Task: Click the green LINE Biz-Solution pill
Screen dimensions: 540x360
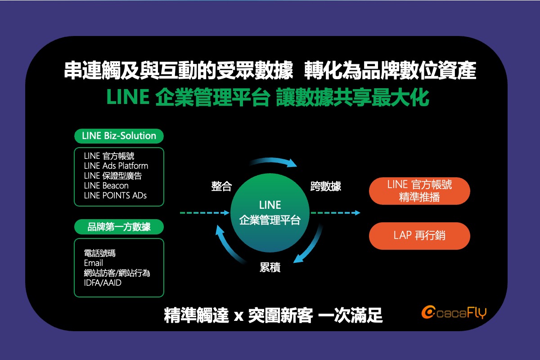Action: tap(119, 136)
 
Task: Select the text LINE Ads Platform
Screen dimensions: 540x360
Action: tap(116, 166)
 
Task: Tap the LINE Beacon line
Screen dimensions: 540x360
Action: tap(106, 186)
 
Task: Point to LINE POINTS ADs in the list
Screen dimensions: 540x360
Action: tap(115, 196)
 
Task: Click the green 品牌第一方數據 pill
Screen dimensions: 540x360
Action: tap(119, 227)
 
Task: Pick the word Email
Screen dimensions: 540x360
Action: tap(93, 263)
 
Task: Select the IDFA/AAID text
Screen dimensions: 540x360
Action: tap(103, 283)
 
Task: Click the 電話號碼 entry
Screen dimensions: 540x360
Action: tap(100, 253)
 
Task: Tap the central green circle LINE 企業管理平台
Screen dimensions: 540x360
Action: tap(270, 213)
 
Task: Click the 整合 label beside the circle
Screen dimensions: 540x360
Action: tap(221, 186)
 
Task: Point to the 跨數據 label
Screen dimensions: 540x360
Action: tap(326, 186)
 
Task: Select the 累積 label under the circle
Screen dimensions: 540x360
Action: tap(270, 267)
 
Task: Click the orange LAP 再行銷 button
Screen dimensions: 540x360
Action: tap(419, 236)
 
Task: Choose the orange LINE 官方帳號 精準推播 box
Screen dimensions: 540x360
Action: tap(419, 191)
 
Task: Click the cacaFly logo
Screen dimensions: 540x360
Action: tap(454, 312)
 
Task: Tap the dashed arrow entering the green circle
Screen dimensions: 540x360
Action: tap(205, 213)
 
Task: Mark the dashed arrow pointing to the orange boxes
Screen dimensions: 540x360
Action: tap(335, 213)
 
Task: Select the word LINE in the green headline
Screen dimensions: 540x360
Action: tap(128, 97)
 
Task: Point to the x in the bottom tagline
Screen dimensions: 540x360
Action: tap(238, 316)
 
